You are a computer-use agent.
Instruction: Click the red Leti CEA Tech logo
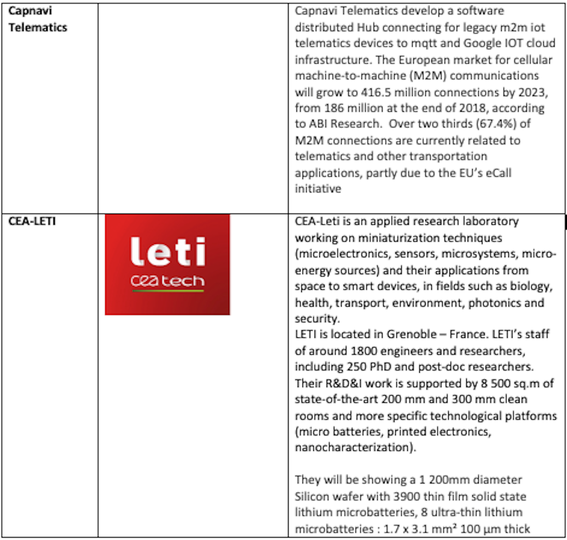(x=167, y=264)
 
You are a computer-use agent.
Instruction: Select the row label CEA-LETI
(x=32, y=221)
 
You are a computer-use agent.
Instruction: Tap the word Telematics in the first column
(x=38, y=27)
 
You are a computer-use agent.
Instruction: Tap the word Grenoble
(x=411, y=334)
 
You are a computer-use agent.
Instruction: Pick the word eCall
(x=499, y=173)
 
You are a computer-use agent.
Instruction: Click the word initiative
(x=318, y=189)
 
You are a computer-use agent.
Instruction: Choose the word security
(x=316, y=318)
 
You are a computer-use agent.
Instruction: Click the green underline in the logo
(x=168, y=291)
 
